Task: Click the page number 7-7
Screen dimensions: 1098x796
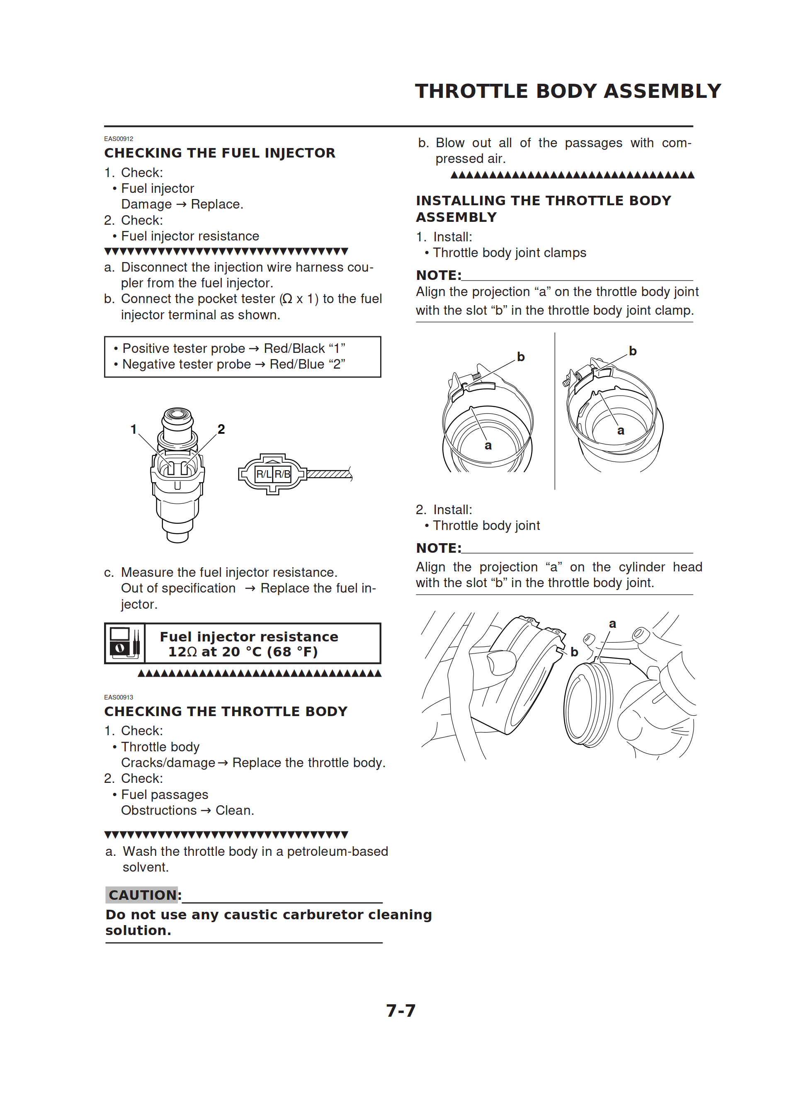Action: (x=400, y=1011)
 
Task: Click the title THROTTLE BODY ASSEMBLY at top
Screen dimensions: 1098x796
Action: (x=568, y=91)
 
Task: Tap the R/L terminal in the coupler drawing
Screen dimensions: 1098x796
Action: (x=263, y=474)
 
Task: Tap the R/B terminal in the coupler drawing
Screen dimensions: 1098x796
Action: (x=282, y=474)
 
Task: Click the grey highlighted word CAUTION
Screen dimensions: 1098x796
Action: (x=142, y=895)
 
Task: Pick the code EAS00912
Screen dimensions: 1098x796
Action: (x=119, y=139)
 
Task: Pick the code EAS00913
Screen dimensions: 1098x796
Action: (x=119, y=697)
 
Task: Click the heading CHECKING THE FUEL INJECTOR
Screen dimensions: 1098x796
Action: (x=220, y=153)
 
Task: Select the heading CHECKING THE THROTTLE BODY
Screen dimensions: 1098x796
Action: (x=226, y=711)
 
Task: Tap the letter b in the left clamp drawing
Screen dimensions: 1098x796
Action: (x=520, y=357)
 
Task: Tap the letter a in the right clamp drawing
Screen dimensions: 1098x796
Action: (x=621, y=430)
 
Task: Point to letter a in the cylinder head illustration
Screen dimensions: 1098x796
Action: (x=612, y=624)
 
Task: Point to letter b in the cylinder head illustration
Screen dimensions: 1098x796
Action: (x=574, y=652)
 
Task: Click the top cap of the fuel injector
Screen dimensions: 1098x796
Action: (x=178, y=416)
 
